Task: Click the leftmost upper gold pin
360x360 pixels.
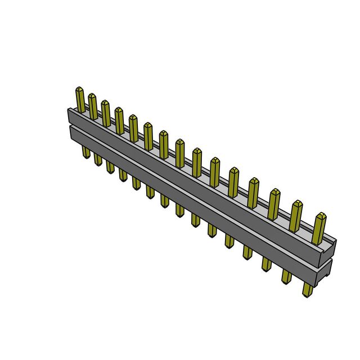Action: point(80,98)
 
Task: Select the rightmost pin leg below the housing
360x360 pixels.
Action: point(307,290)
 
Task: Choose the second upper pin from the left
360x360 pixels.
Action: point(93,106)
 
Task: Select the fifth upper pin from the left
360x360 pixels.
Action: point(133,127)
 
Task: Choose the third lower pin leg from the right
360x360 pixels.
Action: point(265,264)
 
